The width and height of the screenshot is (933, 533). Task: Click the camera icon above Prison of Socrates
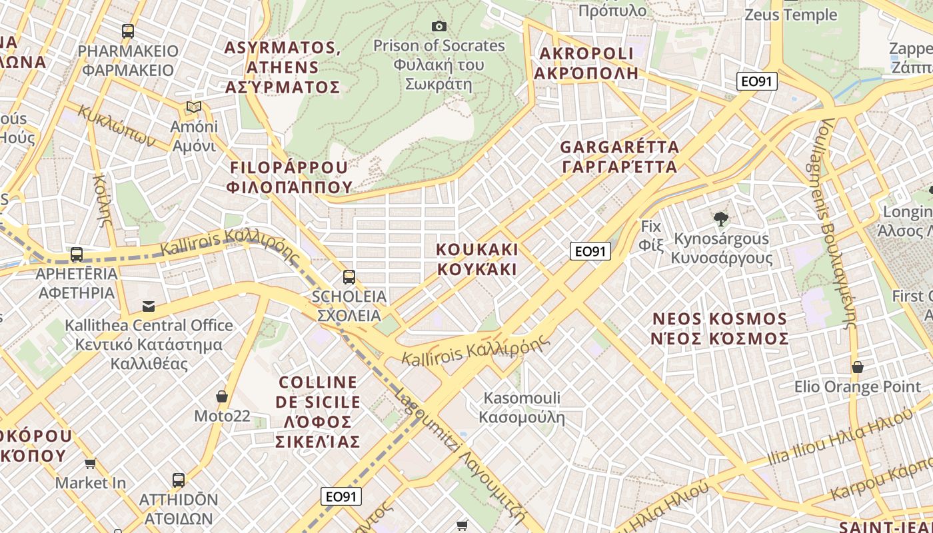pos(439,26)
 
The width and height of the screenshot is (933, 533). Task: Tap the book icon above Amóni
pos(194,107)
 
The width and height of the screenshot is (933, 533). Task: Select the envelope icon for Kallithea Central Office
pos(149,306)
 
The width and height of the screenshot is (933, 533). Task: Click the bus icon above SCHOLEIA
pos(349,276)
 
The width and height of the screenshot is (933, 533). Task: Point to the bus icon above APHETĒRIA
pos(77,255)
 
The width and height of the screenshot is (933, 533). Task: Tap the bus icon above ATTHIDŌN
pos(179,480)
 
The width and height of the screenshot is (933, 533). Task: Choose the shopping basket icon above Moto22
pos(222,396)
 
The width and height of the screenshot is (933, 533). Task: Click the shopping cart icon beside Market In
pos(91,463)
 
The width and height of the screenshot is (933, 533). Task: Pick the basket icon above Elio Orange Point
pos(858,367)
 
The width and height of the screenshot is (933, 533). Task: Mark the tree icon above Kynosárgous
pos(720,219)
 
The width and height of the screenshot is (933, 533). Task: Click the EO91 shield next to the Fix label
pos(590,251)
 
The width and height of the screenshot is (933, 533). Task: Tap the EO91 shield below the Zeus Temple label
pos(757,81)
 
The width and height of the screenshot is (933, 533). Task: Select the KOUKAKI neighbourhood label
pos(476,259)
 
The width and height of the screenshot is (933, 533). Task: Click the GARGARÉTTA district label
pos(619,157)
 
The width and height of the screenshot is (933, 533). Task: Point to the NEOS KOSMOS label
pos(720,328)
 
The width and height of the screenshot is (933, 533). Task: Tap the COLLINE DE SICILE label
pos(319,412)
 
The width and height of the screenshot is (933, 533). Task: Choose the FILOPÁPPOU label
pos(289,177)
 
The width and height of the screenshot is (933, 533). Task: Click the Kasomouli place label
pos(522,408)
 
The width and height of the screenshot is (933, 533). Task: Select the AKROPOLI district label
pos(586,63)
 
